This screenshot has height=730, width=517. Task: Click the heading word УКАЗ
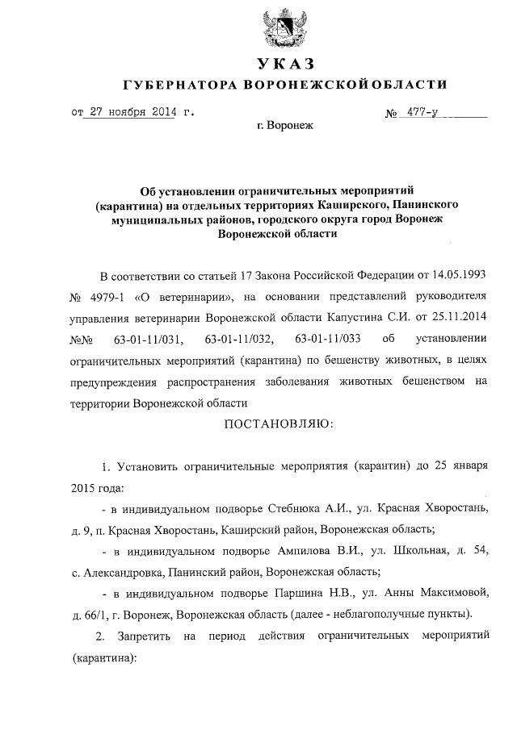point(284,63)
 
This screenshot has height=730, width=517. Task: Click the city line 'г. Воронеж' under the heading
point(284,126)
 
